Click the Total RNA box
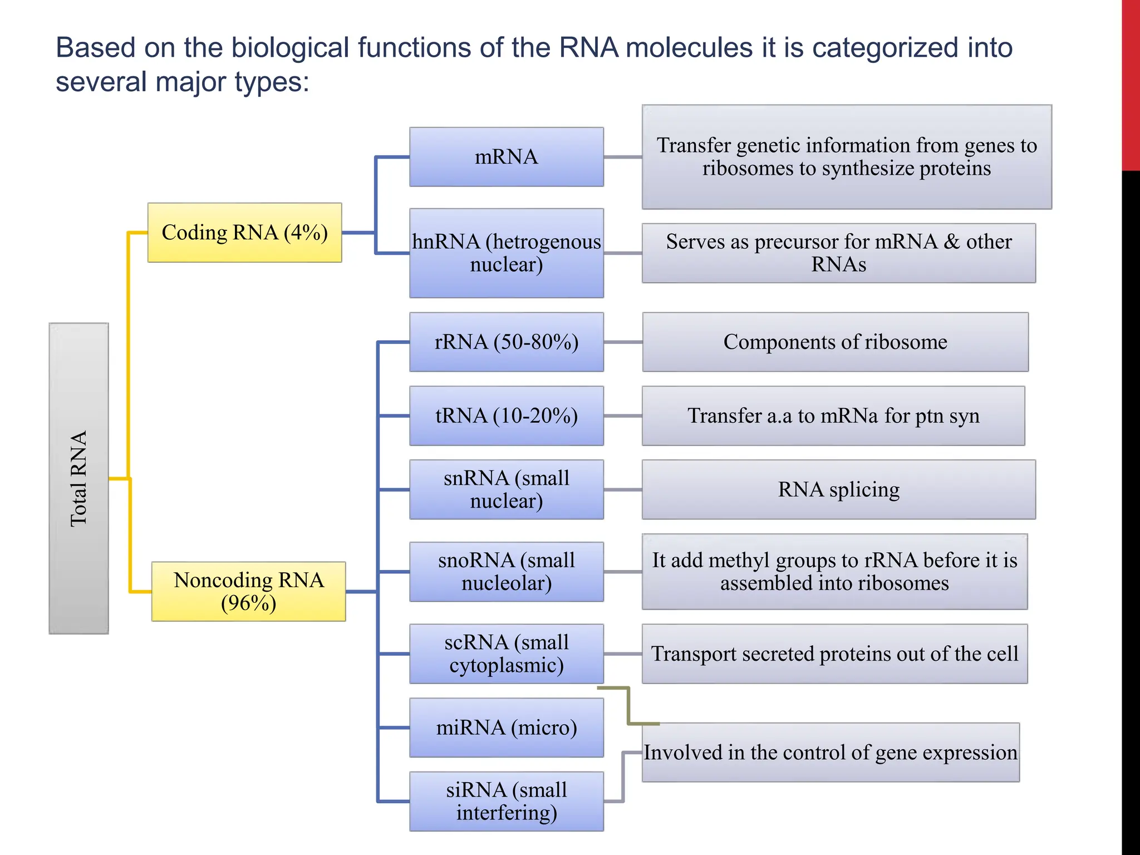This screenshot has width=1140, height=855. [x=78, y=478]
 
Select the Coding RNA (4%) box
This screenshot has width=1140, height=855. [x=244, y=233]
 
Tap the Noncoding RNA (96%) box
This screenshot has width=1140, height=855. [x=248, y=591]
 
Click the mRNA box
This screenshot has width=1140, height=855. [x=506, y=157]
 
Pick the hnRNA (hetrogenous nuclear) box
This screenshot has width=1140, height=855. [x=506, y=253]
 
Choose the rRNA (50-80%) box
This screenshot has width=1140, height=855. [x=506, y=342]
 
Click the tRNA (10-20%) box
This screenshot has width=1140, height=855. [x=506, y=416]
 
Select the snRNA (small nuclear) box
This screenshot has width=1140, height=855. [x=506, y=489]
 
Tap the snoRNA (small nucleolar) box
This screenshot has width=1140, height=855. [x=506, y=572]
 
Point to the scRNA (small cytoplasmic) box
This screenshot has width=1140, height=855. [x=506, y=653]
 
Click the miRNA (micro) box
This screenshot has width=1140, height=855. [x=506, y=728]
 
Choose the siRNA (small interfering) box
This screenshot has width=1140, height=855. [x=506, y=801]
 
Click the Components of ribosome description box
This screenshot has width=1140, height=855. [x=835, y=342]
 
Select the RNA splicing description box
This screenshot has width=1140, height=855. [x=838, y=489]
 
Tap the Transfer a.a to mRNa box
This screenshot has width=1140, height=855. [x=833, y=416]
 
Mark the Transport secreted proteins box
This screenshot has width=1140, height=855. [x=834, y=653]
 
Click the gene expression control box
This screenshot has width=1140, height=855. [x=830, y=753]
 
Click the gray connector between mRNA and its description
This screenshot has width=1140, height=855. [x=622, y=157]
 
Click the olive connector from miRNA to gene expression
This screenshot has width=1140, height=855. [x=628, y=706]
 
